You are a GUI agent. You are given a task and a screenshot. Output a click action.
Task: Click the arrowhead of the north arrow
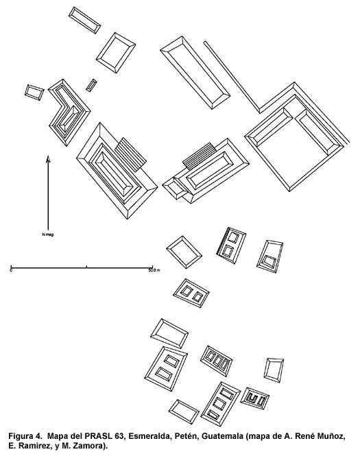point(48,159)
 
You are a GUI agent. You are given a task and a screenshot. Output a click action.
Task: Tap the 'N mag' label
point(48,235)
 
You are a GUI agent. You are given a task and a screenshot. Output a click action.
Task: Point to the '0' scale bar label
point(11,270)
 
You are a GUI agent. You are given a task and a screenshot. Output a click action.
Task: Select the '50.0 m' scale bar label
point(154,270)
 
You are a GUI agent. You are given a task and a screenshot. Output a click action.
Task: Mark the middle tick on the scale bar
point(86,267)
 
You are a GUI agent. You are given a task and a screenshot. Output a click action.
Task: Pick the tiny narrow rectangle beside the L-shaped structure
point(91,85)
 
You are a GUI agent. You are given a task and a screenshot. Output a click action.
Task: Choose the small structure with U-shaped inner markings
point(255,398)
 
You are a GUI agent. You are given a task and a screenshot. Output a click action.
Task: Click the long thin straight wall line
point(232,77)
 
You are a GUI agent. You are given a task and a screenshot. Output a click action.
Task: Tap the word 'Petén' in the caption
point(184,436)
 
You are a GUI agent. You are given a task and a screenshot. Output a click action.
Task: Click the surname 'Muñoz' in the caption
point(333,436)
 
